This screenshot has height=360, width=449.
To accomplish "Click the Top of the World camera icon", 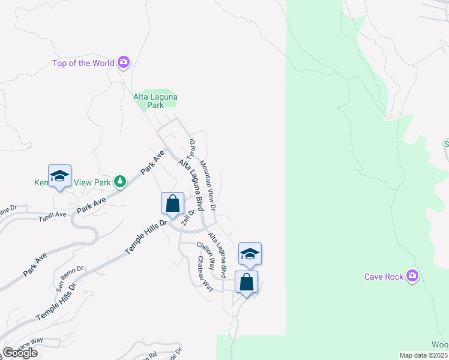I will pos(124,62).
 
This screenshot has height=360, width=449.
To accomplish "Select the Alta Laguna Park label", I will pos(155,100).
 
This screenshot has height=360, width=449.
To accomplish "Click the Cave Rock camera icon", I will pos(412,276).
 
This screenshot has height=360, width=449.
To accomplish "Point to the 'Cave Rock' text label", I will pos(384,277).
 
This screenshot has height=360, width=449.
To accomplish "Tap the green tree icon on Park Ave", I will pos(120,181).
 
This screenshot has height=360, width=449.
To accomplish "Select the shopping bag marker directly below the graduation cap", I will pos(246,282).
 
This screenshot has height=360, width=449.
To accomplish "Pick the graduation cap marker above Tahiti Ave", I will pos(59,176).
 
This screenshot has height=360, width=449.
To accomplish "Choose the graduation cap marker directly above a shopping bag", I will pos(250,254).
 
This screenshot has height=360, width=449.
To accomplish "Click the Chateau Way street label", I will pos(205,274).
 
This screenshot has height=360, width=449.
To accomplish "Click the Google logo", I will pos(20,353).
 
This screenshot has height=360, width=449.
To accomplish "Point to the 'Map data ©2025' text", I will pos(423,355).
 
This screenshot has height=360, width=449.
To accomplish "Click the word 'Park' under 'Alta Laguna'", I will pos(156,105).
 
